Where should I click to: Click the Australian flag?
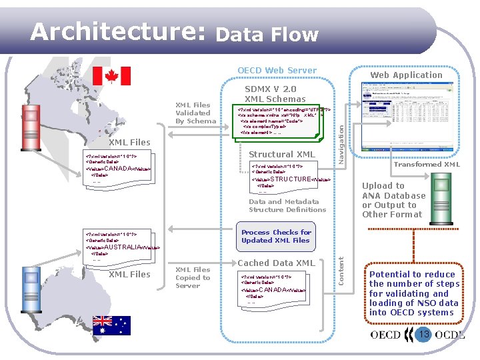pyautogui.click(x=111, y=325)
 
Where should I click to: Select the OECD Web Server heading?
pyautogui.click(x=277, y=71)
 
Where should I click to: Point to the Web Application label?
pyautogui.click(x=406, y=75)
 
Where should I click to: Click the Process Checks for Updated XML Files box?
pyautogui.click(x=276, y=237)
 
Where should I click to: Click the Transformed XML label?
pyautogui.click(x=427, y=164)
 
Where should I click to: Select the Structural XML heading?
pyautogui.click(x=281, y=155)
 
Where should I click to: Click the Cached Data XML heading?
pyautogui.click(x=276, y=263)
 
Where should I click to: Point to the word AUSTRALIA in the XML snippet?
pyautogui.click(x=123, y=247)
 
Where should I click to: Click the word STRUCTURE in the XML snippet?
pyautogui.click(x=290, y=179)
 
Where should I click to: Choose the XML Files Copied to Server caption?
pyautogui.click(x=193, y=277)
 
